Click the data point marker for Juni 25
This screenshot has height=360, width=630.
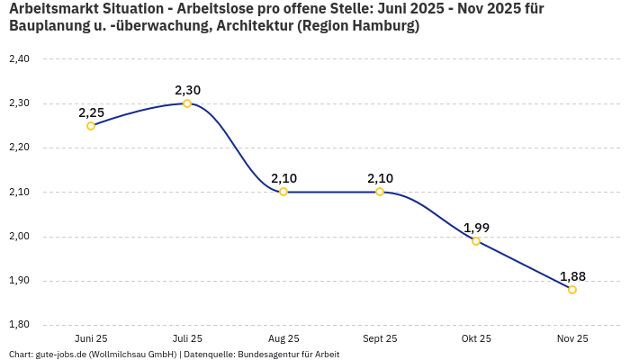91,126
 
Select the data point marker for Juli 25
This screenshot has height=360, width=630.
187,103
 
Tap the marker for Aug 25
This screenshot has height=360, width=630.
283,192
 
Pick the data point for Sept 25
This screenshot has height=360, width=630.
380,192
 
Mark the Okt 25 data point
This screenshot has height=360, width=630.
476,241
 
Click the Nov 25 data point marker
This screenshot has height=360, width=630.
572,290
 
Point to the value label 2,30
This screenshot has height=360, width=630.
187,90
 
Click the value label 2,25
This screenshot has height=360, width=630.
91,112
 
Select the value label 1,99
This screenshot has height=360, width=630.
476,228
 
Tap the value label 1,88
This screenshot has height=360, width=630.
572,276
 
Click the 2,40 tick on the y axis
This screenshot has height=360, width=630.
19,59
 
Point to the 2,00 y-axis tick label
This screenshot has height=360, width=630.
19,237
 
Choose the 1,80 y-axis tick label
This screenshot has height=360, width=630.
19,325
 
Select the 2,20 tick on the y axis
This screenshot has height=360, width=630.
19,148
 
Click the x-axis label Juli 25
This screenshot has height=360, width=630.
187,339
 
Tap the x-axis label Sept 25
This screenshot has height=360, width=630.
380,339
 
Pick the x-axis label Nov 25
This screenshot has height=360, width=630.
572,339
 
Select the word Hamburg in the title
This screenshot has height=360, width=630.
383,26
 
